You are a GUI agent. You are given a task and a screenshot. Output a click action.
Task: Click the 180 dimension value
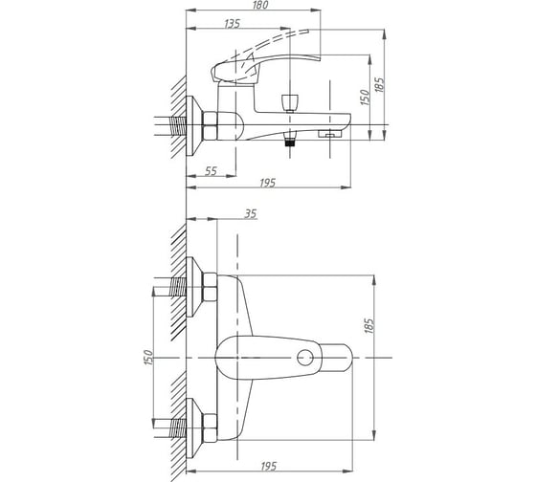(260, 5)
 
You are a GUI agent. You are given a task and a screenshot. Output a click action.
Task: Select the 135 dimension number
(233, 24)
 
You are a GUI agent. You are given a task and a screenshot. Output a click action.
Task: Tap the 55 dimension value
(211, 171)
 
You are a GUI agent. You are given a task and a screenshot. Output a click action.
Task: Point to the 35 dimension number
(251, 214)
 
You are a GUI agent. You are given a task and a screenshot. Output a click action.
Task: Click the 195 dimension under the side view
(267, 183)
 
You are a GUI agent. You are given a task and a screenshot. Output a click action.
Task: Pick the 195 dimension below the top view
(269, 467)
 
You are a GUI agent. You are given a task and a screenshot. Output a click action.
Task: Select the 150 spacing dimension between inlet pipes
(148, 358)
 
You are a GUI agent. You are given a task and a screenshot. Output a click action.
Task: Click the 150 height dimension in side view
(365, 98)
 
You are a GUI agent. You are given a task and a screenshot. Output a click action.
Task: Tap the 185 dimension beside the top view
(368, 326)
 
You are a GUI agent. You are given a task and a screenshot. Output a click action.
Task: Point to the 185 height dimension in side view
(380, 85)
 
